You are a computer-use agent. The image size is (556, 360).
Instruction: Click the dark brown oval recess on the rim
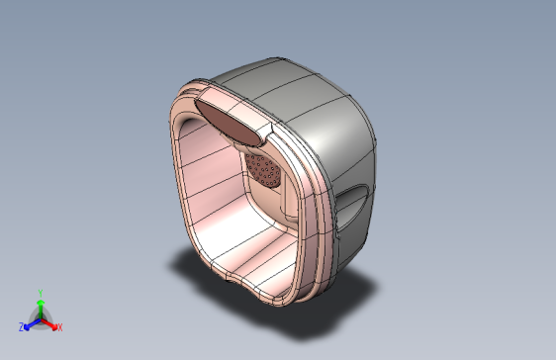coord(231,122)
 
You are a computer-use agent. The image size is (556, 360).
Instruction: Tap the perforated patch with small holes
coord(264,170)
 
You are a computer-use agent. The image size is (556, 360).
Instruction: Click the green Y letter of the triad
coord(41,294)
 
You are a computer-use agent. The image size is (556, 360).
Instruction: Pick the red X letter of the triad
coord(60,327)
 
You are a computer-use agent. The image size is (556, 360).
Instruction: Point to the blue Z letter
coord(22,327)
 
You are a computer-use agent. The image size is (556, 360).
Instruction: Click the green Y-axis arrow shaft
coord(41,312)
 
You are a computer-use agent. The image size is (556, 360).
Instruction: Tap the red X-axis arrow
coord(49,323)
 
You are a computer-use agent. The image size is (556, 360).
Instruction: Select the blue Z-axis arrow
coord(33,324)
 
